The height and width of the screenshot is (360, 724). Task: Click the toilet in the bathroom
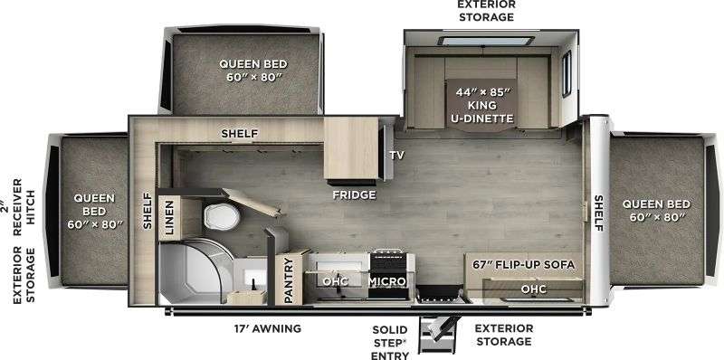pos(222,216)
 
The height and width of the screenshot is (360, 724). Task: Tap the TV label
pos(396,155)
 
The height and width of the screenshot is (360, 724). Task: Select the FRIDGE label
pos(354,194)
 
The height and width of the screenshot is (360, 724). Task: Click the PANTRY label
pos(289,280)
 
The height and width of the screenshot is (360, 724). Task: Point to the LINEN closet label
pos(168,217)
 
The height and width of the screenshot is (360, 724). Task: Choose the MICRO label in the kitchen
pos(387,281)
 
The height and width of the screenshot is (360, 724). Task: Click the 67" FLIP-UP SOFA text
pos(524,265)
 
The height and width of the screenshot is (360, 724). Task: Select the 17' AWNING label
pos(267,328)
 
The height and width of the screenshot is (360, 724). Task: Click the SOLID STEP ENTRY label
pos(390,343)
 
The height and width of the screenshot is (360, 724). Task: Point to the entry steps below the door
pos(438,334)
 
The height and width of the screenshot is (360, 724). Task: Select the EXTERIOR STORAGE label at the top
pos(486,11)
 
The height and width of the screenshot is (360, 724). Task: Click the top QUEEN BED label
pos(253,71)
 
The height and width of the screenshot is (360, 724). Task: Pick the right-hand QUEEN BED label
pos(656,210)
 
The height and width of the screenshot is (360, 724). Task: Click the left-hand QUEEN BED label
pos(94,212)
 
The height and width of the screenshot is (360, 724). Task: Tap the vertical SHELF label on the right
pos(598,213)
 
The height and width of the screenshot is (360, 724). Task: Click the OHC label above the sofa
pos(534,289)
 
